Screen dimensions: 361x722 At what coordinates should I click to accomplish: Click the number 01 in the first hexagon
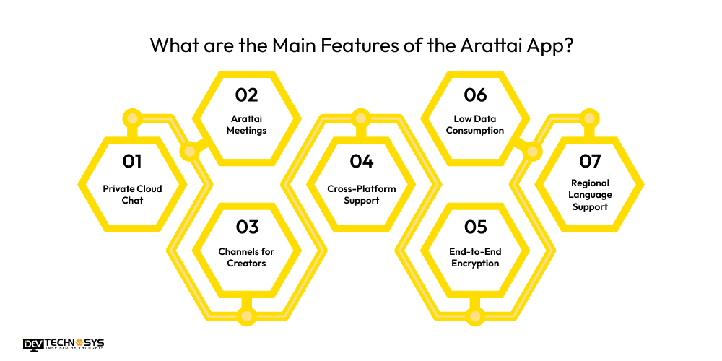click(132, 161)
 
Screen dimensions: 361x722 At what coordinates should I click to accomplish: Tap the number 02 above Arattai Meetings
click(246, 95)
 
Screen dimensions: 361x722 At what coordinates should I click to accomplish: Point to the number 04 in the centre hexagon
click(361, 161)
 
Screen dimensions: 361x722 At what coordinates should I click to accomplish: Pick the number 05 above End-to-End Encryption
click(475, 227)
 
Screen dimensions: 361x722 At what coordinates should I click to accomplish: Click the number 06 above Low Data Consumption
click(475, 95)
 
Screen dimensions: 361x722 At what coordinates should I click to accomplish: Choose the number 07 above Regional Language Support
click(590, 161)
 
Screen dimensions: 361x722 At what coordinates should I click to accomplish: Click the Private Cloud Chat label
click(132, 194)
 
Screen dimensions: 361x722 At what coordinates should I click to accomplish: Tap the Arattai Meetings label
click(246, 124)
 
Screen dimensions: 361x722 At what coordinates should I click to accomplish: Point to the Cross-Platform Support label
click(361, 194)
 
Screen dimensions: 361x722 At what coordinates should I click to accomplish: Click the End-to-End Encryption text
click(475, 257)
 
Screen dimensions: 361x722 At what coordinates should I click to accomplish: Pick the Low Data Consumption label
click(475, 124)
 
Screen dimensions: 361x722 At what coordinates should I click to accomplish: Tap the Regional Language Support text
click(590, 195)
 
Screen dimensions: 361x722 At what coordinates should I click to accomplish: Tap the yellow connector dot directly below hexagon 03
click(246, 316)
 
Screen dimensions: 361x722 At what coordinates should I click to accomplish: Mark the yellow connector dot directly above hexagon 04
click(361, 117)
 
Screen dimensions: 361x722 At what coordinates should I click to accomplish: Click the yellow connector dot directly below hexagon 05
click(475, 316)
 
